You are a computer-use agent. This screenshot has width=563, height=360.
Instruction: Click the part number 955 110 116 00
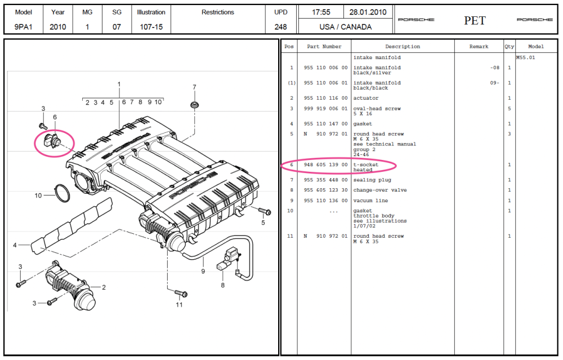[325, 98]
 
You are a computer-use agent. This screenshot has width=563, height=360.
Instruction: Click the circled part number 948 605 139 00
[325, 165]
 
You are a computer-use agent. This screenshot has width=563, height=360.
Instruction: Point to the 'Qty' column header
[509, 47]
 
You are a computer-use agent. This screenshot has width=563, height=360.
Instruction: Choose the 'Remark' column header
[479, 47]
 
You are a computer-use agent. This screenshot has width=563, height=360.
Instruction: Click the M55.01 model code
[526, 57]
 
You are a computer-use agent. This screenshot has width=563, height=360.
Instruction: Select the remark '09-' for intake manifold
[494, 83]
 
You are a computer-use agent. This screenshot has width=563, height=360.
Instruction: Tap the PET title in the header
[475, 21]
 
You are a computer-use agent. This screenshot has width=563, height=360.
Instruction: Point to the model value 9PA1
[24, 26]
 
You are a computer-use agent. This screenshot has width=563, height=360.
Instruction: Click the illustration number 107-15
[151, 26]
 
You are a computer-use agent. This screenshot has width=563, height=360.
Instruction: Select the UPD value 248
[280, 26]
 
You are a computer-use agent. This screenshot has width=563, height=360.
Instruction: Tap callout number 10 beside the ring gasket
[38, 196]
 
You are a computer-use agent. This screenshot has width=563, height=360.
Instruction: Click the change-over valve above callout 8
[227, 259]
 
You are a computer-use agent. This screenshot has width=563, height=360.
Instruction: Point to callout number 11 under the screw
[179, 305]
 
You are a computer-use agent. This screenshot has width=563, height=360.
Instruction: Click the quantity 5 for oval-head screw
[509, 109]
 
